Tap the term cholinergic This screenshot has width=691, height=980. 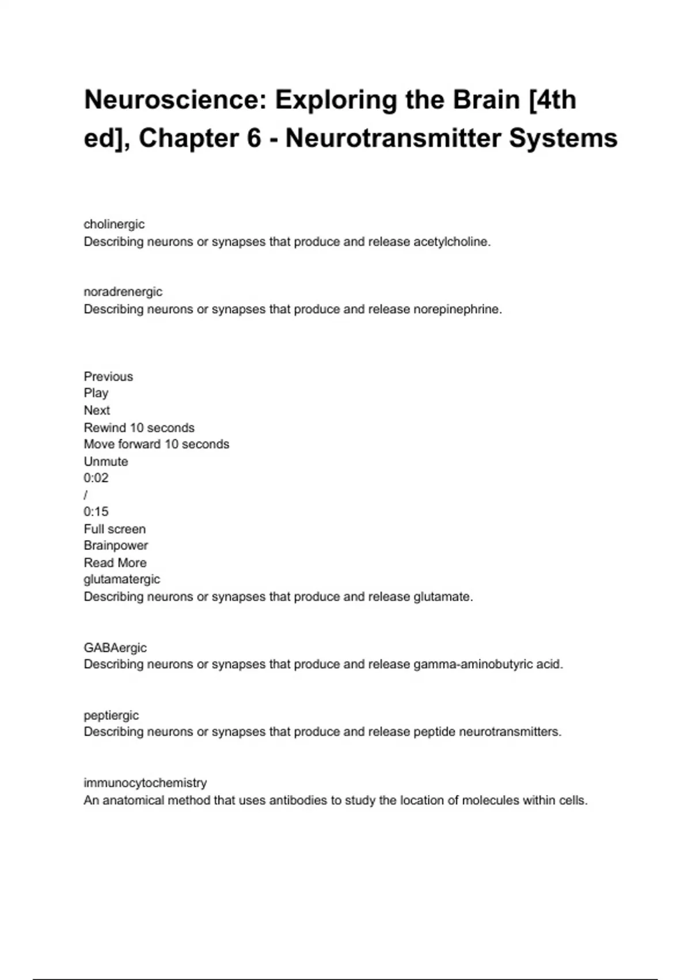tap(114, 224)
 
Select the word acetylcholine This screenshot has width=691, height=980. tap(451, 242)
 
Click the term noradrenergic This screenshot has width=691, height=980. tap(123, 292)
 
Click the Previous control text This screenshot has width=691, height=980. tap(108, 376)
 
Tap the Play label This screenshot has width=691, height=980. tap(96, 393)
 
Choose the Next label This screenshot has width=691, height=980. tap(97, 410)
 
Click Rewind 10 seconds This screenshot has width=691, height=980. tap(139, 428)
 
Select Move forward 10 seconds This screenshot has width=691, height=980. tap(156, 444)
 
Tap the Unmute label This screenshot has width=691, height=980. tap(106, 461)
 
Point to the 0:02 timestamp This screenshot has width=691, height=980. tap(96, 478)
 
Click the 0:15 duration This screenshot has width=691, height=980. tap(96, 512)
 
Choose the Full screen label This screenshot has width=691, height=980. tap(115, 529)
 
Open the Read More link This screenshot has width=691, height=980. tap(115, 563)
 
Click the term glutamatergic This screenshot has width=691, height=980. tap(122, 579)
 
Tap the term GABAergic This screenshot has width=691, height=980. tap(115, 647)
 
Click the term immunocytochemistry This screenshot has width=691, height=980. tap(145, 783)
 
